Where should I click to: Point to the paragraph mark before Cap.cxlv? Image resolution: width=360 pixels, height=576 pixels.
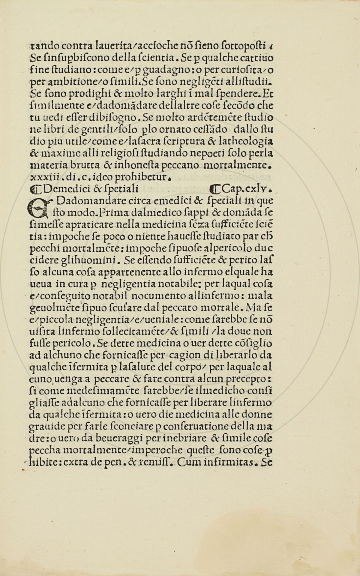[215, 189]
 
